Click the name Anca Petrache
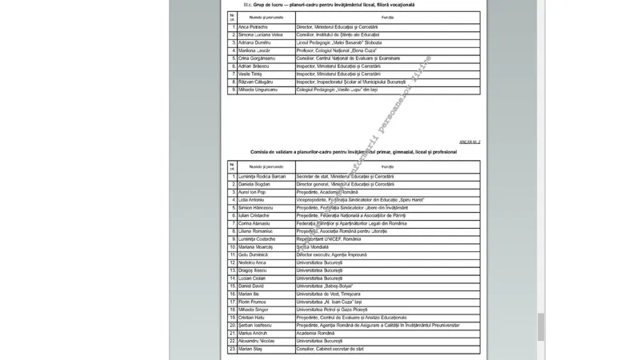[254, 28]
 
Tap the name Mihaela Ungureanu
[258, 90]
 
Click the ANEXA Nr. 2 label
[469, 141]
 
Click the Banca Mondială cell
[314, 247]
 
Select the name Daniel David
[251, 286]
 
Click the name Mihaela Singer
[254, 309]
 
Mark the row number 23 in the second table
[231, 349]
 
